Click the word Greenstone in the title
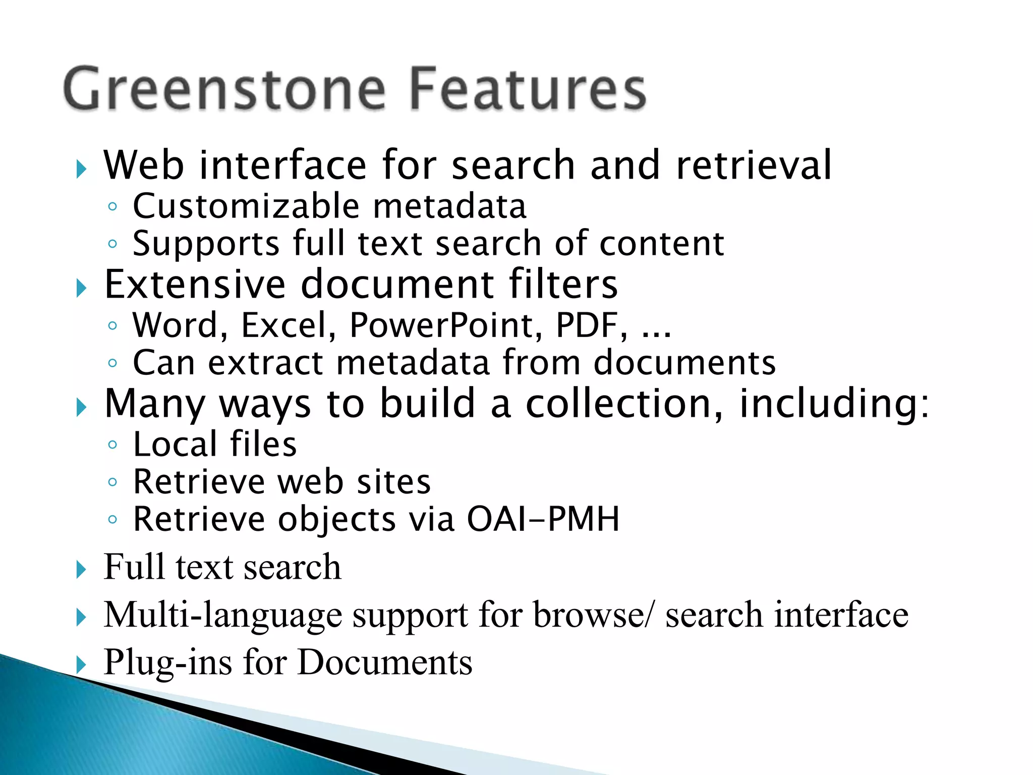coord(225,90)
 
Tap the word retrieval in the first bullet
coord(754,165)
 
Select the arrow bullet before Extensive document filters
coord(81,288)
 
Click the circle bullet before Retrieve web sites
coord(112,482)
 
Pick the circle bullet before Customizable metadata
coord(112,207)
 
